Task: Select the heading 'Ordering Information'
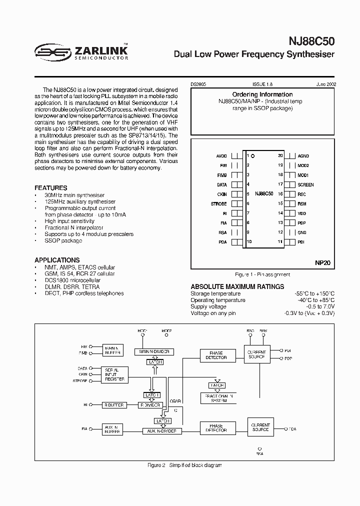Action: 262,94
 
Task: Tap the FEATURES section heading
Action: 51,188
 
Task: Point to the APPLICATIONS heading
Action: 57,260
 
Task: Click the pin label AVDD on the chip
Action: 221,156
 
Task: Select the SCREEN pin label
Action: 305,184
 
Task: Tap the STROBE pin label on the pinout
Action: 219,204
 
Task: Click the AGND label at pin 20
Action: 303,156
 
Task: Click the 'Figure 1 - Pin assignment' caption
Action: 262,274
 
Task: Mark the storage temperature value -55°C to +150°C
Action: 314,294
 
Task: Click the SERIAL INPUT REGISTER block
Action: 115,375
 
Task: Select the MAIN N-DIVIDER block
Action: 154,352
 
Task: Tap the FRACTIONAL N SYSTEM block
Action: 217,398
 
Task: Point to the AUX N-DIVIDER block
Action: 162,430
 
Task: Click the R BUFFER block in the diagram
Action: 115,405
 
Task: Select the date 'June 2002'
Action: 326,85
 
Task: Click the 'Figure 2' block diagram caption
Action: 185,465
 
